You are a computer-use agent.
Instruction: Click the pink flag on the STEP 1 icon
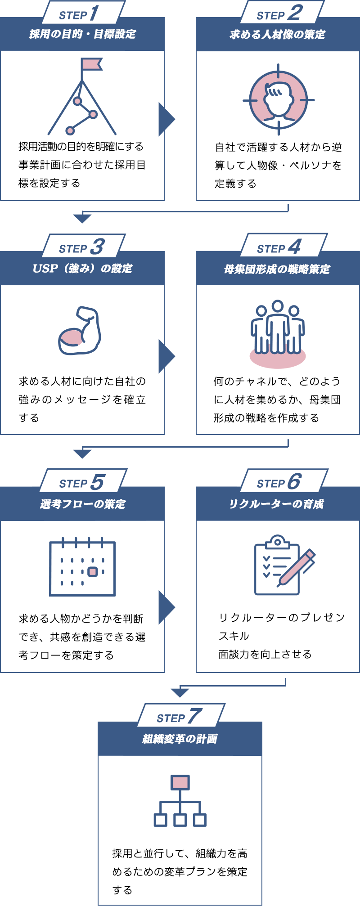pos(91,64)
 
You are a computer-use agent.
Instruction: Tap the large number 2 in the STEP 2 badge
pos(295,13)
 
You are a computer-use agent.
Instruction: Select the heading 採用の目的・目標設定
pos(82,34)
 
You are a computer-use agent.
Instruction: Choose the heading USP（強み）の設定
pos(82,269)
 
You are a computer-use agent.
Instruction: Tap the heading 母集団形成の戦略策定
pos(277,269)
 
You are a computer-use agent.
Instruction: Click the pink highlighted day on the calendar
pos(93,572)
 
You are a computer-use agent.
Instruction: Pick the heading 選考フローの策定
pos(83,504)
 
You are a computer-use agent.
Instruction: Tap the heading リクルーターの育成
pos(276,504)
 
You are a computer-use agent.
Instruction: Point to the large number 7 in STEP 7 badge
pos(195,716)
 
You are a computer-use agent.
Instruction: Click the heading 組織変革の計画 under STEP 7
pos(180,739)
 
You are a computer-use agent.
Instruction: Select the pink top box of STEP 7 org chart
pos(180,782)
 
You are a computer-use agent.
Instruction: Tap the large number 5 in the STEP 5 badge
pos(98,482)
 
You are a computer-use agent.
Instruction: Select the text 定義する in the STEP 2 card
pos(235,184)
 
